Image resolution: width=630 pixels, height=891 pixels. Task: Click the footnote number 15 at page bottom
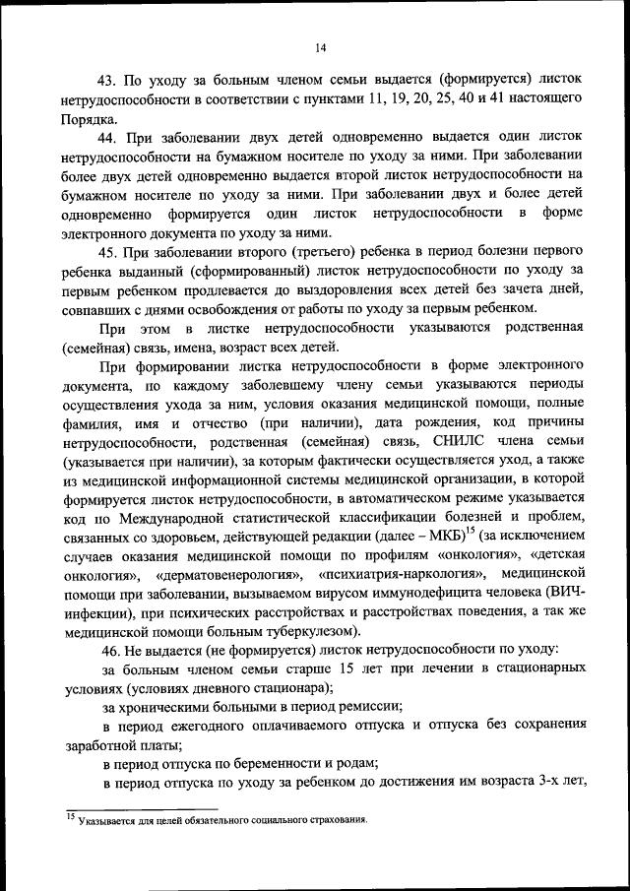(71, 816)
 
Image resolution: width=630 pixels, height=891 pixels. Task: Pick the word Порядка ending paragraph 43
(89, 118)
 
